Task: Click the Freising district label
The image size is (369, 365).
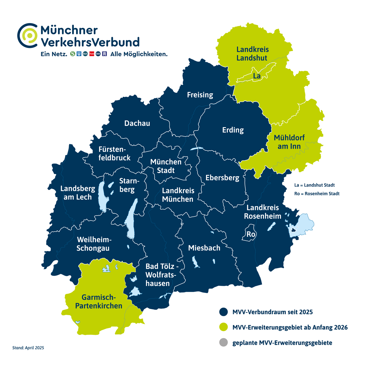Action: point(200,95)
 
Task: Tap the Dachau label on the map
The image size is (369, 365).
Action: point(137,123)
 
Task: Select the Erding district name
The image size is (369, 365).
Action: point(233,130)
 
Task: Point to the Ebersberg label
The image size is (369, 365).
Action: point(222,178)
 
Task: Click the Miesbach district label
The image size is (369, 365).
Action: point(204,248)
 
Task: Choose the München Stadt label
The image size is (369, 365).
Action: point(166,166)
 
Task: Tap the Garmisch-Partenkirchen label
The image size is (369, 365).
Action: point(99,302)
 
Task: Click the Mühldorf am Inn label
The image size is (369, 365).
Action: point(289,142)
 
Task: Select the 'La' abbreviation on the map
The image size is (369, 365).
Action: point(257,76)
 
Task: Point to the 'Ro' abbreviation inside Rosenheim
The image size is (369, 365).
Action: point(251,235)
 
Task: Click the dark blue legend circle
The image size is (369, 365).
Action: point(223,312)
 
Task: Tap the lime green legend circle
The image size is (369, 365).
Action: point(223,327)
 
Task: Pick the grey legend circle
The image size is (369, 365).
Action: point(223,343)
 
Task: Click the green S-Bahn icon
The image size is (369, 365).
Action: point(73,54)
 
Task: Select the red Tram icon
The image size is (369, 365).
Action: point(92,54)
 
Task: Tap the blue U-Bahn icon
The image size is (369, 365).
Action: point(79,54)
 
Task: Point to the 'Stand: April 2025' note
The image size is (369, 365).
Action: point(28,348)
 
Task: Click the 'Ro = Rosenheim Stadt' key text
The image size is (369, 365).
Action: point(317,194)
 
